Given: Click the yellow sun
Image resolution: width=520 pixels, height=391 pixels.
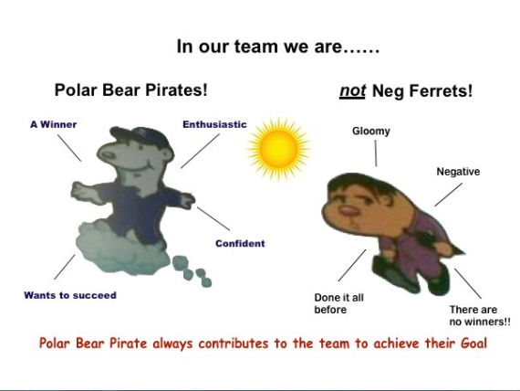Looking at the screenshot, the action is coord(278,149).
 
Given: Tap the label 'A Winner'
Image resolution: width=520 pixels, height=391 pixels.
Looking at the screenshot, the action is coord(54,124).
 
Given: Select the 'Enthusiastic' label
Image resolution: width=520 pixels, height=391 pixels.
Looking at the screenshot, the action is coord(214,124).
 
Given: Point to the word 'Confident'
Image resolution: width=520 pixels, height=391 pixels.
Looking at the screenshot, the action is coord(240,244).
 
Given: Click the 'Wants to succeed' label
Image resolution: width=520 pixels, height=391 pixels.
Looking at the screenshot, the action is coord(70,295).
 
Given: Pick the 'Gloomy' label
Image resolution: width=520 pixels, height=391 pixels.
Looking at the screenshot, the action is coord(371,132).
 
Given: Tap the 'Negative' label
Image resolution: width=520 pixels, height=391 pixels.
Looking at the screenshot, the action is coord(458,172).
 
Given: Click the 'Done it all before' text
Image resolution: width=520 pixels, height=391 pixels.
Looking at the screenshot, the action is coord(339,303).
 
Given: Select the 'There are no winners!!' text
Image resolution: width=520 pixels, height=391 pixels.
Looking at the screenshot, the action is coord(480,315).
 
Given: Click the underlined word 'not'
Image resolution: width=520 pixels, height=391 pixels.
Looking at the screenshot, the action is coord(352,90).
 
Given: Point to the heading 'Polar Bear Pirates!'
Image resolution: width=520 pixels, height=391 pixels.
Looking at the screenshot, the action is coord(131,90).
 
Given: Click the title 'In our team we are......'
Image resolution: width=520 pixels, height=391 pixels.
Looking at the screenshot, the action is coord(278,47).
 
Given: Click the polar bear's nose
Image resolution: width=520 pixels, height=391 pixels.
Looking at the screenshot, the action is coord(108,154).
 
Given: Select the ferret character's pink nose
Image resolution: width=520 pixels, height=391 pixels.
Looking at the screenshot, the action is coord(348,211).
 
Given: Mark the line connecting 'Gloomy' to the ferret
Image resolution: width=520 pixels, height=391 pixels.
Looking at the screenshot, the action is coord(376,153).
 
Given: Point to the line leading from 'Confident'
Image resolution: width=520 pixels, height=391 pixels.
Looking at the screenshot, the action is coord(213,218).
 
